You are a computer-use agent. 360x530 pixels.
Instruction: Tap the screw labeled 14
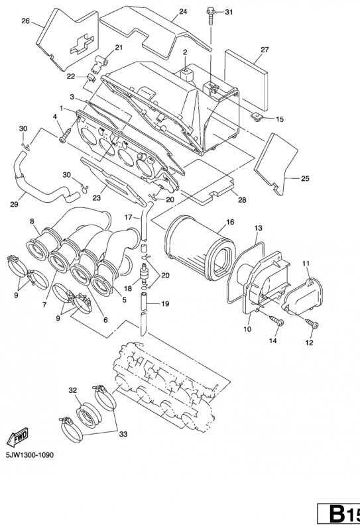(x=277, y=321)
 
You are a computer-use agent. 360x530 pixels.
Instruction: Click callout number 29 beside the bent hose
(x=13, y=205)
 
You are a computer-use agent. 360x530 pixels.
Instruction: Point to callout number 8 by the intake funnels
(x=32, y=221)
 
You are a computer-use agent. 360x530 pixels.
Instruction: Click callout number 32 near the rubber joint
(x=73, y=391)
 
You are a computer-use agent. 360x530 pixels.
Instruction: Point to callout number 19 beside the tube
(x=165, y=304)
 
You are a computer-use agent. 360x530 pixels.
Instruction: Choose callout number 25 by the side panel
(x=305, y=179)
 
